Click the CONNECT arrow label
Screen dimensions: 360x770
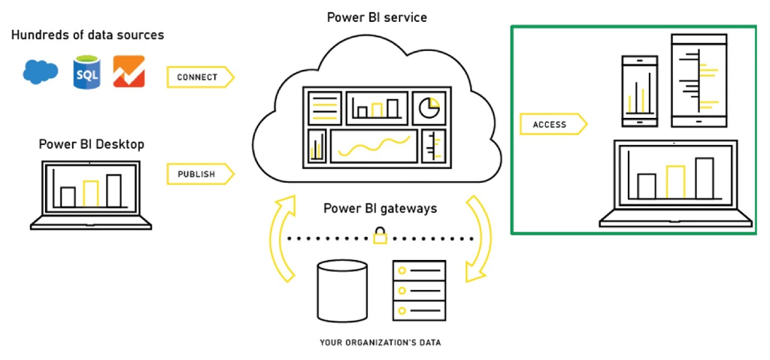point(198,77)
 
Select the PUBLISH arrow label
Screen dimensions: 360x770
point(197,174)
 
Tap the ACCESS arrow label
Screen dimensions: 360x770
point(550,124)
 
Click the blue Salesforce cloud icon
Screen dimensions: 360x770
point(41,72)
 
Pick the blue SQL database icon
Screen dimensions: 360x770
point(86,72)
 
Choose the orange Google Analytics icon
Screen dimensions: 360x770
point(129,72)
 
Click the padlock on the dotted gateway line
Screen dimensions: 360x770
point(380,238)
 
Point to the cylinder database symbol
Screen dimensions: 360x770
point(342,292)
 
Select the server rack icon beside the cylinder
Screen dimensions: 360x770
point(419,291)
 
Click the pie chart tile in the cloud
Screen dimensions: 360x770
point(429,107)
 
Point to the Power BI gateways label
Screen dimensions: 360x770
point(380,208)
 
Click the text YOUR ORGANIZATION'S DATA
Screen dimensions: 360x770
point(380,343)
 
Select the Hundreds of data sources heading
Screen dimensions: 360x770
point(88,35)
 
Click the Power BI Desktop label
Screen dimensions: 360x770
point(92,144)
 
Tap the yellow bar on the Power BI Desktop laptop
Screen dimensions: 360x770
point(91,193)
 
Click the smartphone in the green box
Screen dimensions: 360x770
point(639,90)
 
